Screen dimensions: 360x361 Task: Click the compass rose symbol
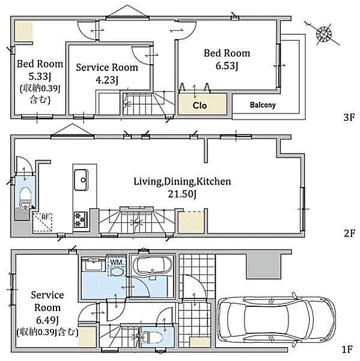323,34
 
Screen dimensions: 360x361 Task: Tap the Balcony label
263,105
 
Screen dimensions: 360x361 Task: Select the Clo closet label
200,106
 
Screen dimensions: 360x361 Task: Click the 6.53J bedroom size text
227,66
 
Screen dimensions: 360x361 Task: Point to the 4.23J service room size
107,80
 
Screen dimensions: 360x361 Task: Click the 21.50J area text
182,194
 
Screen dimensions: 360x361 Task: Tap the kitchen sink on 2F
81,180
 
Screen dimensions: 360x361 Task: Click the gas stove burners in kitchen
81,220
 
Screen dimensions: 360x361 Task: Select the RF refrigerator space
42,223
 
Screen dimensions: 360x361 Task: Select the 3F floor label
348,117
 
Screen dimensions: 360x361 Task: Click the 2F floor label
349,233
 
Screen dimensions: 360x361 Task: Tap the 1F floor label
347,350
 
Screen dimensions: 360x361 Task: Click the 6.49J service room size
47,320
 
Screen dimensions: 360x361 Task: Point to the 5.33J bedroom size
39,76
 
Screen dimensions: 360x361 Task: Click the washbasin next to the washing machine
93,264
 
